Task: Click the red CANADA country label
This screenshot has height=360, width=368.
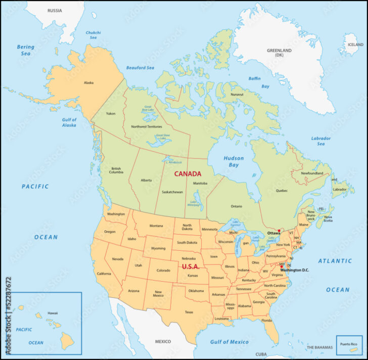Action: click(x=188, y=173)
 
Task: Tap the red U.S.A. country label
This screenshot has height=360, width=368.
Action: click(x=191, y=266)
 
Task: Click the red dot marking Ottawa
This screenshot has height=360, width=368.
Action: click(x=279, y=231)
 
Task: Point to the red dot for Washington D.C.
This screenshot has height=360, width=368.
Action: click(x=282, y=266)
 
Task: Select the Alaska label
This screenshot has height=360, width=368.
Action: click(x=88, y=82)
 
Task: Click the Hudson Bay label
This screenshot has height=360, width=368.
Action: click(x=234, y=162)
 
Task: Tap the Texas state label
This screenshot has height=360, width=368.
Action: click(x=189, y=312)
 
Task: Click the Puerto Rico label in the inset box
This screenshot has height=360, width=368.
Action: click(x=349, y=344)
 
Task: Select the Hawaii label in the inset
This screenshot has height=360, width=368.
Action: click(x=53, y=312)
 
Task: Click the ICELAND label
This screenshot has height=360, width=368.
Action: click(x=355, y=44)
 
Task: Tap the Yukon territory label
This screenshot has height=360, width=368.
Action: click(x=111, y=113)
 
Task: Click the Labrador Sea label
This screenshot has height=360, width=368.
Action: click(x=320, y=141)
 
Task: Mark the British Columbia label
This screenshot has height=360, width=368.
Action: click(x=116, y=170)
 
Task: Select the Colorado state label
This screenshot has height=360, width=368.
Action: click(x=163, y=271)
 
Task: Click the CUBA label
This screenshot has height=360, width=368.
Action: click(x=261, y=354)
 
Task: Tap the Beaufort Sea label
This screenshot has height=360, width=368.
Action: click(x=140, y=68)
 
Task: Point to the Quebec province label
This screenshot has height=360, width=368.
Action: click(x=282, y=190)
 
